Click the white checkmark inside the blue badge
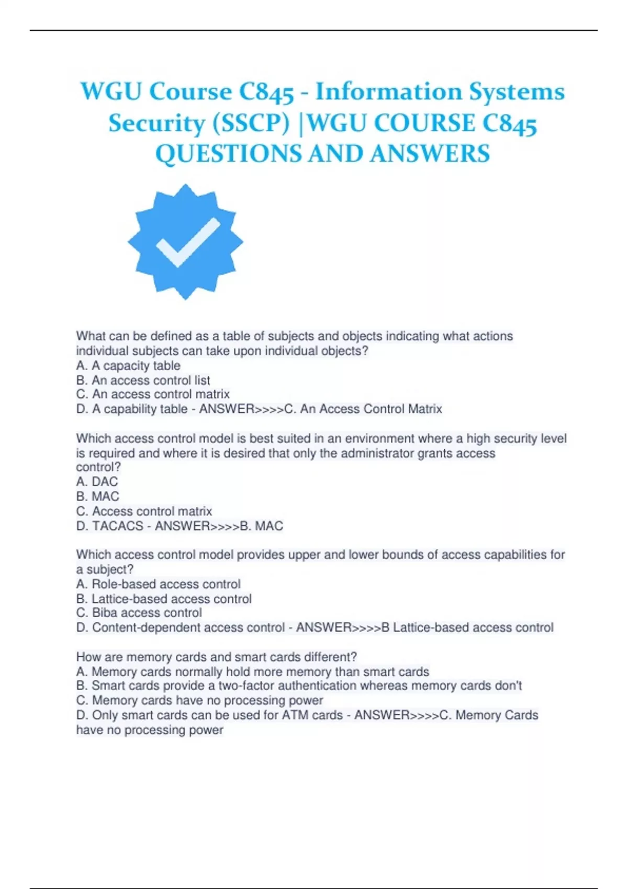[187, 242]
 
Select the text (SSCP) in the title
[251, 123]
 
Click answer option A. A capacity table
[128, 366]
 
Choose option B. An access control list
[143, 380]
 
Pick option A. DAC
[97, 482]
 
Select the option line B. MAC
[97, 496]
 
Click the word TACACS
[118, 526]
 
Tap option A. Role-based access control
[158, 584]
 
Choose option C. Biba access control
[139, 613]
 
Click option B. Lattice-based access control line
[164, 599]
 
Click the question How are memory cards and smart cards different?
[217, 657]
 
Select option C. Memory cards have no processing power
[199, 700]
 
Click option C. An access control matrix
[153, 394]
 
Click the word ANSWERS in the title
[431, 154]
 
